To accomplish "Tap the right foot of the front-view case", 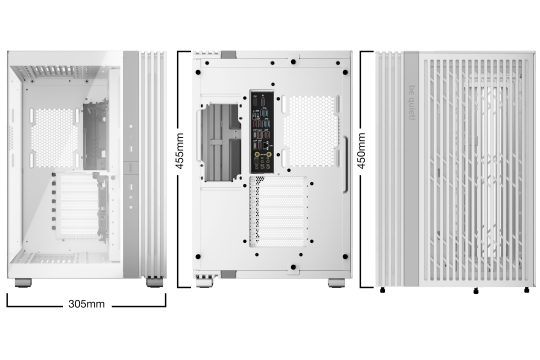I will pyautogui.click(x=155, y=282).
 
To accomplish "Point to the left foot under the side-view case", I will pyautogui.click(x=386, y=289).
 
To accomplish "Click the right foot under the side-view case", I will pyautogui.click(x=527, y=289).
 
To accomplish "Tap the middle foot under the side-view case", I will pyautogui.click(x=476, y=289).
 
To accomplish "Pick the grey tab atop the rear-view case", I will pyautogui.click(x=229, y=52).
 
